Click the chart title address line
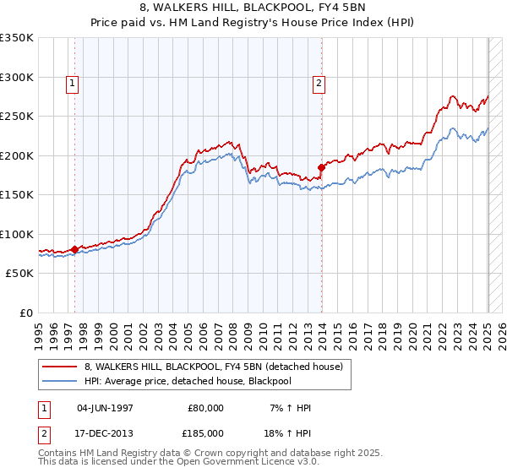point(253,8)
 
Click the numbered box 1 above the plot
point(73,83)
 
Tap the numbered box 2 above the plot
point(319,83)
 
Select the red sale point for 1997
point(74,249)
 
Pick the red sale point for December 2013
point(322,167)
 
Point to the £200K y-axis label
point(17,155)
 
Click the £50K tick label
point(19,274)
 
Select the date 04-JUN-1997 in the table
point(105,408)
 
